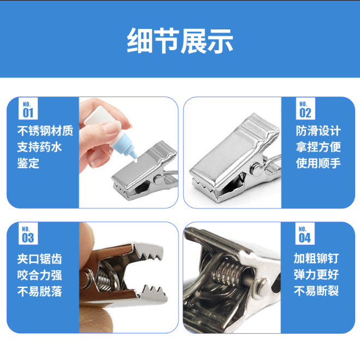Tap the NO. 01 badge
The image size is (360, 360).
27,109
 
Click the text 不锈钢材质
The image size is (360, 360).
45,131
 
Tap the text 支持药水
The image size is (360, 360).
39,147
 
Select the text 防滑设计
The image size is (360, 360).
319,131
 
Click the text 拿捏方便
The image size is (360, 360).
319,147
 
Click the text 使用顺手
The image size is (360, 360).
319,163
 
